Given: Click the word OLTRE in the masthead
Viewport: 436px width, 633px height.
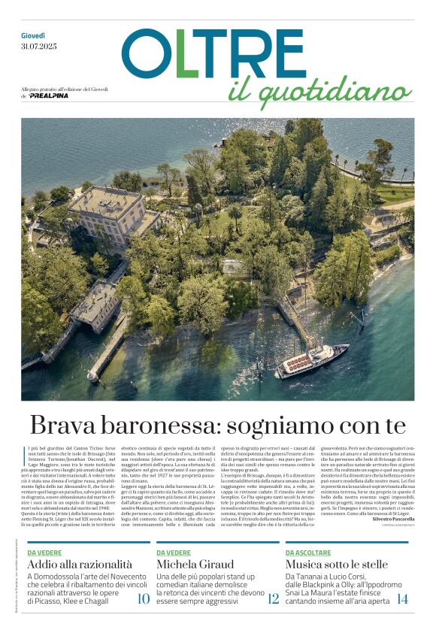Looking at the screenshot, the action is coord(213,54).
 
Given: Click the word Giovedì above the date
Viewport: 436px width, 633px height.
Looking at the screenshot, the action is coord(34,35).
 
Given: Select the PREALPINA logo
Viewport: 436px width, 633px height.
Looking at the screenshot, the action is coord(50,96).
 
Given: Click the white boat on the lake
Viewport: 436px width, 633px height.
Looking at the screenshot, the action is coord(311,360).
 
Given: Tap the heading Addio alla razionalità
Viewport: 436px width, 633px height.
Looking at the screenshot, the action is coord(80,564).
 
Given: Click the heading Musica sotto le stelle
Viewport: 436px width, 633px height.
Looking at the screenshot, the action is coord(337,564).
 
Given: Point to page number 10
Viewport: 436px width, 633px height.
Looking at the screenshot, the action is coord(143,598).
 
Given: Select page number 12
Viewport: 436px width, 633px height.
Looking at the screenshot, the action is coord(273,598).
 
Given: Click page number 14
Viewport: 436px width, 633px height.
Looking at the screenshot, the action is coord(402,598).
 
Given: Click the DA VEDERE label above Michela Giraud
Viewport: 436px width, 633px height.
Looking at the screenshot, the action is coord(174,552).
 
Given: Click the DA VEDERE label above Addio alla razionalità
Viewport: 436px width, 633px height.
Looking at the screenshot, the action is coord(44,552).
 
